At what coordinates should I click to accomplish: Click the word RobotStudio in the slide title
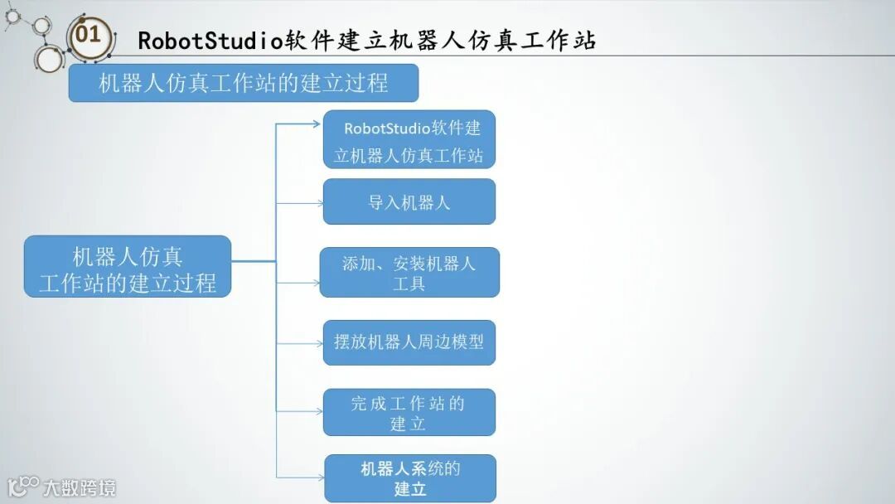pyautogui.click(x=210, y=40)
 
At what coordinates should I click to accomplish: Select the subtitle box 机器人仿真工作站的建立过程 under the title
pyautogui.click(x=243, y=83)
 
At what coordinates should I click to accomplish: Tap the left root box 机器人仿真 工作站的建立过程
pyautogui.click(x=128, y=266)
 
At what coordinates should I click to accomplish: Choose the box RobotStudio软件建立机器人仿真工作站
pyautogui.click(x=409, y=139)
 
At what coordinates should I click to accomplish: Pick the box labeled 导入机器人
pyautogui.click(x=409, y=201)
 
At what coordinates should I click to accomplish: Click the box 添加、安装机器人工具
pyautogui.click(x=409, y=272)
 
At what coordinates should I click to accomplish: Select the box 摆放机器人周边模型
pyautogui.click(x=409, y=342)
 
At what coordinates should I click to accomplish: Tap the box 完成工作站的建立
pyautogui.click(x=409, y=412)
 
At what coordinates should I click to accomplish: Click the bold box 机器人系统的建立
pyautogui.click(x=409, y=477)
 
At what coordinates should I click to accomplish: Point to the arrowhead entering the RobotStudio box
pyautogui.click(x=317, y=125)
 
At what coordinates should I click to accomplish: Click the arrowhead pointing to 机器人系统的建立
pyautogui.click(x=320, y=477)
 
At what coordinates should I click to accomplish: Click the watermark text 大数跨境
pyautogui.click(x=80, y=487)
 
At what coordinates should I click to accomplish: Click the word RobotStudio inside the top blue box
pyautogui.click(x=387, y=128)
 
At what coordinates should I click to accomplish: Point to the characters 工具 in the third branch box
pyautogui.click(x=409, y=283)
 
